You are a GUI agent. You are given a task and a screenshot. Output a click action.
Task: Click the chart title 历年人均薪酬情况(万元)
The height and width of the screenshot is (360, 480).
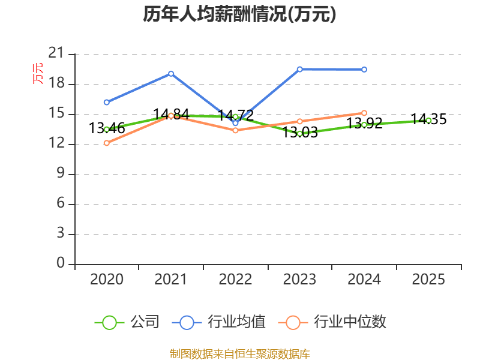239,14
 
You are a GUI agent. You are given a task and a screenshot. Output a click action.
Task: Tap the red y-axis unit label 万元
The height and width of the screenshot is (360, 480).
38,73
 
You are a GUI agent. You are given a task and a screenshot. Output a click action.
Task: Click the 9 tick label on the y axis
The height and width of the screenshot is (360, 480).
60,174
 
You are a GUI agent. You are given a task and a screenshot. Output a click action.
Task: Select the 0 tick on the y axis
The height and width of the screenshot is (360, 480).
60,263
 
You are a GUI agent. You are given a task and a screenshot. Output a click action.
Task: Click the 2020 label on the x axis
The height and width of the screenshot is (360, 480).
106,280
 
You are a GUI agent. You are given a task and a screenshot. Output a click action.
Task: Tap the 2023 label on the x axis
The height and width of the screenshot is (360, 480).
299,280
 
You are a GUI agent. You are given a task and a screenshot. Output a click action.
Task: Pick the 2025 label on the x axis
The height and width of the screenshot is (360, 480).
428,280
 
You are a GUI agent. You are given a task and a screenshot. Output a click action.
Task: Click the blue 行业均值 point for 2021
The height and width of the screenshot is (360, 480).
171,73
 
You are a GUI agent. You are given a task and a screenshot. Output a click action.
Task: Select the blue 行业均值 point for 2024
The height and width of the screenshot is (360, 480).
364,70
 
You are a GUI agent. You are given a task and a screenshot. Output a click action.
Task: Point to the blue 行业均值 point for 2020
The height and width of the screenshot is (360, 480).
106,102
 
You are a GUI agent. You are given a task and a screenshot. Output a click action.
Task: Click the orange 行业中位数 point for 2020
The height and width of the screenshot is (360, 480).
106,143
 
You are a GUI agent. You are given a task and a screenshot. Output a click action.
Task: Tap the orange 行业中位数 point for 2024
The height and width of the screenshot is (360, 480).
364,113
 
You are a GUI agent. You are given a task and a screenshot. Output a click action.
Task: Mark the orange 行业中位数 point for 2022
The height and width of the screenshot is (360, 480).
235,130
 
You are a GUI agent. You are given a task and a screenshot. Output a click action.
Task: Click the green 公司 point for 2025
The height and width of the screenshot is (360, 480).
428,120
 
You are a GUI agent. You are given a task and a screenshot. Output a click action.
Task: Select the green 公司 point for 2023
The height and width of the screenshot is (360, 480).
299,133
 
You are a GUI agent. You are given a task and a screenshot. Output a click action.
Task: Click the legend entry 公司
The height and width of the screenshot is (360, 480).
127,322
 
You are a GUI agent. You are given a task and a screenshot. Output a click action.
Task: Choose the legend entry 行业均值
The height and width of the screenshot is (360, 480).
219,322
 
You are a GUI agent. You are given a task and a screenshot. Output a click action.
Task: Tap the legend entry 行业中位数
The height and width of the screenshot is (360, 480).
332,322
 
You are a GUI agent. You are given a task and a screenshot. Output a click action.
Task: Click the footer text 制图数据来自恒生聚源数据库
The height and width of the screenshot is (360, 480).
239,353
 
